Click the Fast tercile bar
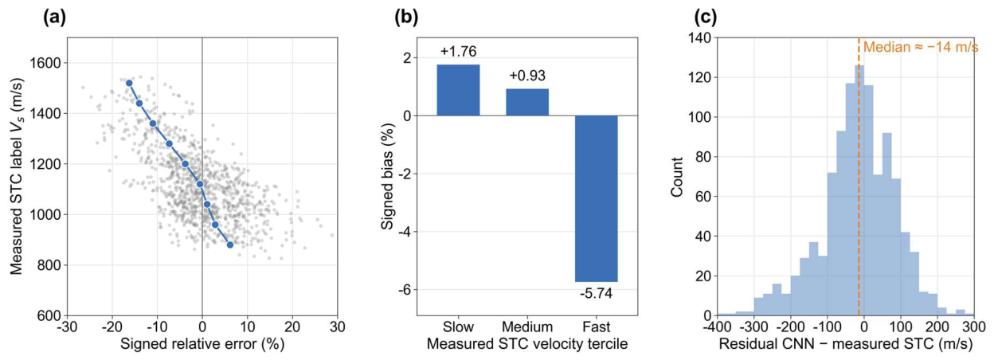pyautogui.click(x=596, y=198)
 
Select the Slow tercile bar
pyautogui.click(x=459, y=90)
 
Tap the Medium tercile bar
pyautogui.click(x=527, y=102)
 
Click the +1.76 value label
pyautogui.click(x=459, y=52)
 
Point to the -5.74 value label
pyautogui.click(x=596, y=293)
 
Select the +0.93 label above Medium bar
pyautogui.click(x=527, y=76)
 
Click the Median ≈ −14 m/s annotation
pyautogui.click(x=921, y=47)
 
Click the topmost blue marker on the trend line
pyautogui.click(x=129, y=83)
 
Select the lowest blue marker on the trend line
pyautogui.click(x=230, y=245)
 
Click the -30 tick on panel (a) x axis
pyautogui.click(x=67, y=327)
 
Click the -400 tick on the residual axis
pyautogui.click(x=718, y=327)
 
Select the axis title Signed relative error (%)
pyautogui.click(x=202, y=344)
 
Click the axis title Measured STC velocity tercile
pyautogui.click(x=527, y=344)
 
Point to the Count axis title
pyautogui.click(x=677, y=177)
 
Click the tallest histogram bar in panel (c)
pyautogui.click(x=859, y=190)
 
